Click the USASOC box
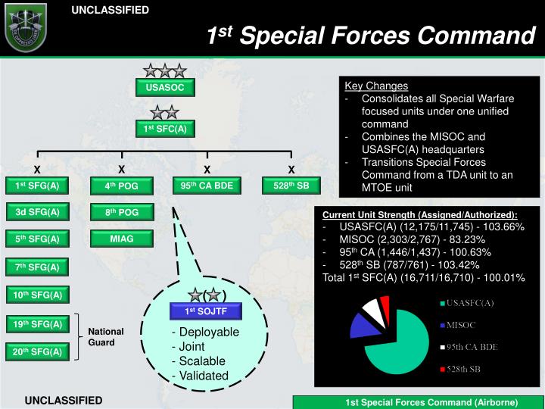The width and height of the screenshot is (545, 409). (x=165, y=88)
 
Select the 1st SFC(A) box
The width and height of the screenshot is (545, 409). (x=165, y=129)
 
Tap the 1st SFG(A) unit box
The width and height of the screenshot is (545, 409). (x=37, y=186)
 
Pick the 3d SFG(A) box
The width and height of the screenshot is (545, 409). (x=37, y=212)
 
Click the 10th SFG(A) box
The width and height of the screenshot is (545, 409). (x=37, y=294)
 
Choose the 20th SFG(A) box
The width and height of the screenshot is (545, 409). (x=37, y=351)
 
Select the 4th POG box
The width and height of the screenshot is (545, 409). (x=122, y=186)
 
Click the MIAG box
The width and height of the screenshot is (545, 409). (x=122, y=239)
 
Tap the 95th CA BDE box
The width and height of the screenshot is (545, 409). (x=207, y=186)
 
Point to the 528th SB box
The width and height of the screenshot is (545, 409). (x=291, y=186)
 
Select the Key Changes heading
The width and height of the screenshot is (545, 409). (x=376, y=86)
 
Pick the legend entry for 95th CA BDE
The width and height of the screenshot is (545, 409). (x=473, y=347)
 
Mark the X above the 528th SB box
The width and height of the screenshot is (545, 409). (x=291, y=169)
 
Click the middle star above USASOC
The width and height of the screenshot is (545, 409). (x=165, y=71)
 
